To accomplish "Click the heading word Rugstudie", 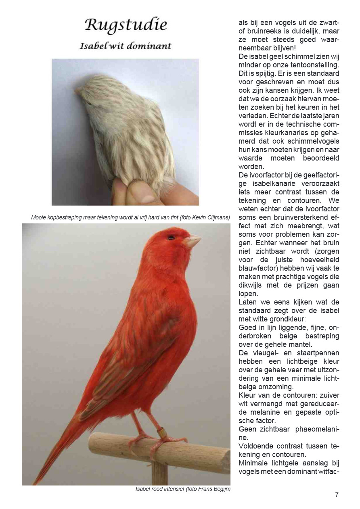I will tap(126, 26).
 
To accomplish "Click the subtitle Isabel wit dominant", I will tap(125, 46).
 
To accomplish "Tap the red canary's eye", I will tap(171, 237).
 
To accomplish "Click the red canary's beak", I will tap(192, 241).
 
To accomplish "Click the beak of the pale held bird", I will tap(77, 92).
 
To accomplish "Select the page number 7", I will tap(337, 495).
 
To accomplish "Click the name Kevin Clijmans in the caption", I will tap(211, 218).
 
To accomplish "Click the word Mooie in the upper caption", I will tap(38, 218).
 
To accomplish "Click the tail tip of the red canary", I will tap(36, 482).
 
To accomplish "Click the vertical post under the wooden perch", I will tap(159, 474).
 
